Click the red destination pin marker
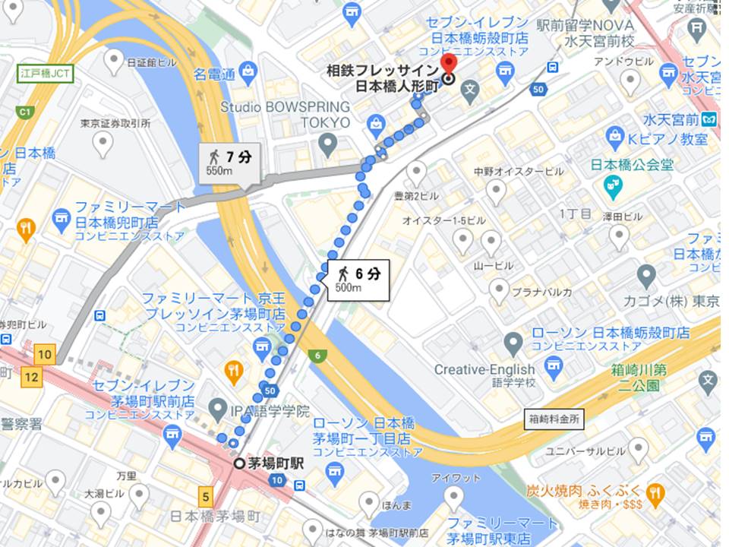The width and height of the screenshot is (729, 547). pyautogui.click(x=448, y=64)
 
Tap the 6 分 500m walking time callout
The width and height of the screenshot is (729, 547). pyautogui.click(x=358, y=280)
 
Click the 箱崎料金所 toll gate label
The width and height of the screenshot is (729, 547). pyautogui.click(x=554, y=419)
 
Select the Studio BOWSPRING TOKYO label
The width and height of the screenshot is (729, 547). pyautogui.click(x=286, y=114)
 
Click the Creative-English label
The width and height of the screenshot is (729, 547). pyautogui.click(x=484, y=370)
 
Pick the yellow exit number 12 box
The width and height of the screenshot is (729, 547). pyautogui.click(x=31, y=375)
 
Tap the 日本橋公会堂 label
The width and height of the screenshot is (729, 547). pyautogui.click(x=632, y=164)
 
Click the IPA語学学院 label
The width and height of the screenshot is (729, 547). pyautogui.click(x=270, y=411)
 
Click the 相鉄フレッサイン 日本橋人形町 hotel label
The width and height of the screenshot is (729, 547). pyautogui.click(x=383, y=77)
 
